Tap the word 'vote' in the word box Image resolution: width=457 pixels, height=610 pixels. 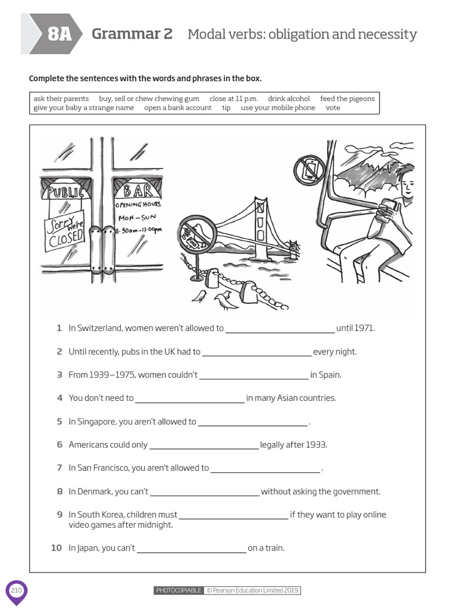click(x=333, y=108)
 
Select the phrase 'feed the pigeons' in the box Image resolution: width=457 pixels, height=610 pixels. click(x=347, y=98)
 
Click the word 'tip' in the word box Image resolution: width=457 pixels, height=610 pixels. click(x=226, y=108)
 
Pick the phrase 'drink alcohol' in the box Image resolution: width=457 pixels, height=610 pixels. click(x=289, y=98)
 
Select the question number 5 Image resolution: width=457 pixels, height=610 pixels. click(x=60, y=422)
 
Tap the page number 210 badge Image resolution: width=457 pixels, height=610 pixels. click(x=16, y=590)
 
